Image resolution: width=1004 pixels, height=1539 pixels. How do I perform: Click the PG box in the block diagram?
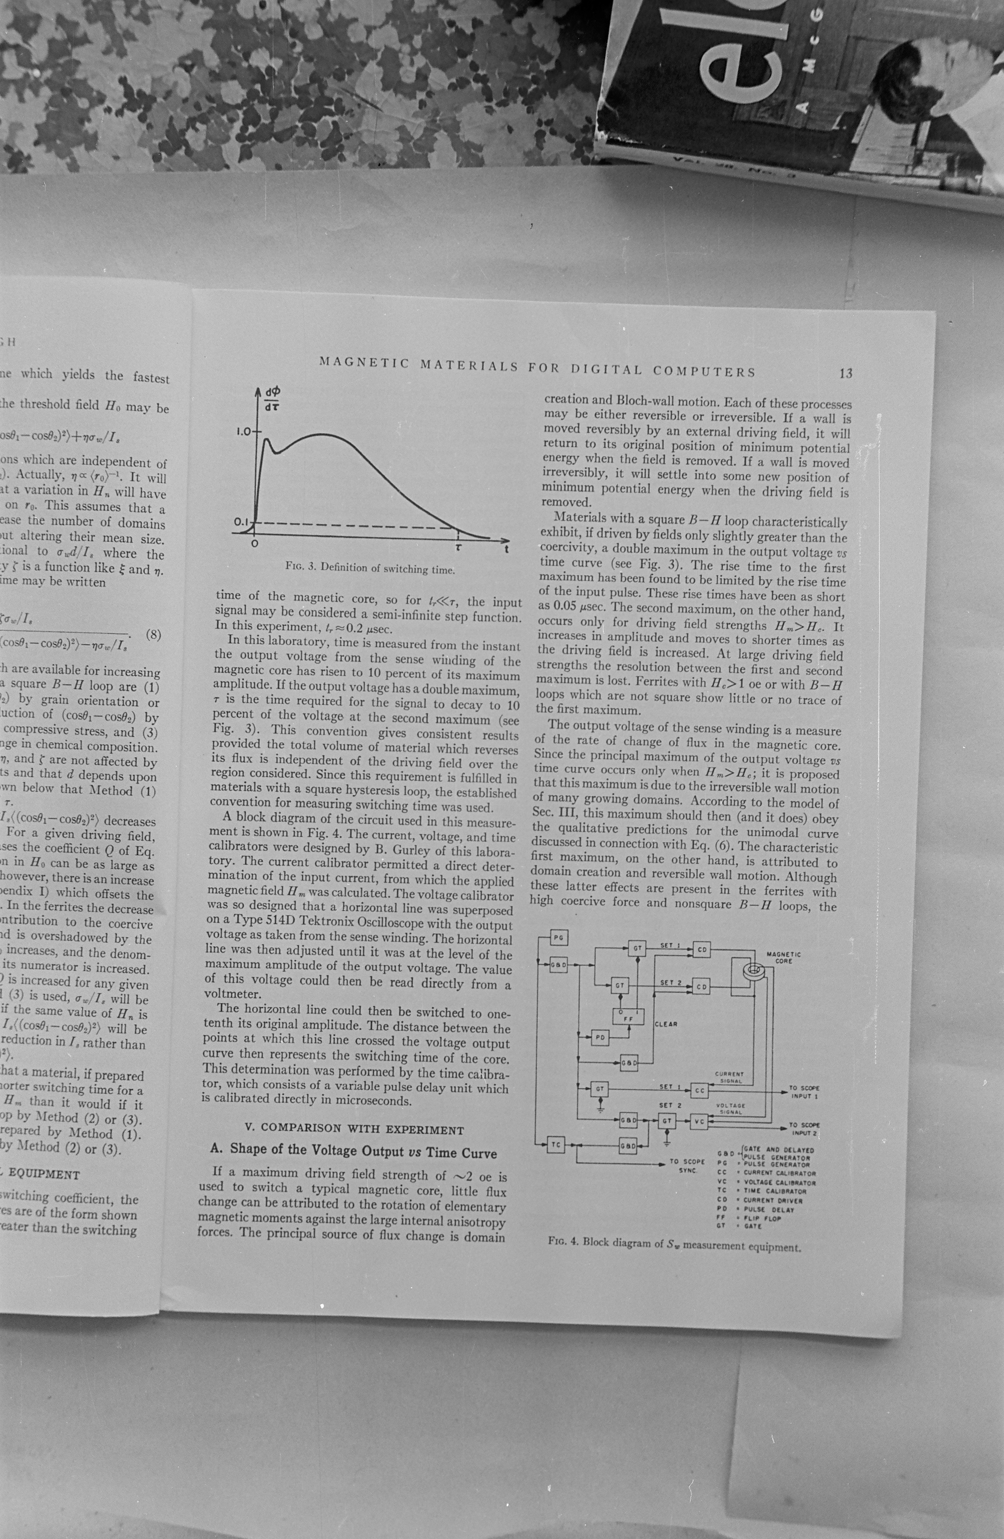point(557,937)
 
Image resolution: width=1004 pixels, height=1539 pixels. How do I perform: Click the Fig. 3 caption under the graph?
point(370,568)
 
